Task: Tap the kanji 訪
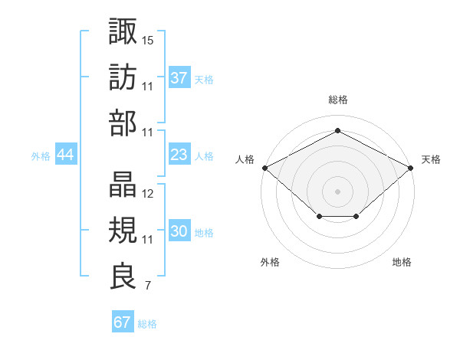pyautogui.click(x=123, y=77)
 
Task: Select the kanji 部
pyautogui.click(x=123, y=123)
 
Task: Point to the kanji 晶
pyautogui.click(x=123, y=185)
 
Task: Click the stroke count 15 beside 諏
pyautogui.click(x=148, y=39)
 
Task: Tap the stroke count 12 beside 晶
pyautogui.click(x=148, y=194)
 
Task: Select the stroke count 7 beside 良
pyautogui.click(x=148, y=286)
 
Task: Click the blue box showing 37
pyautogui.click(x=179, y=77)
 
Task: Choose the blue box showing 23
pyautogui.click(x=179, y=155)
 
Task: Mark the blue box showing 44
pyautogui.click(x=66, y=155)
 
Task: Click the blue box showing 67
pyautogui.click(x=123, y=322)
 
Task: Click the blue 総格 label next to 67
pyautogui.click(x=147, y=324)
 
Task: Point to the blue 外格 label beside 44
pyautogui.click(x=41, y=156)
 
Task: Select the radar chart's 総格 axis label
pyautogui.click(x=338, y=100)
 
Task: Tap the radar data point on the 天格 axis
pyautogui.click(x=412, y=167)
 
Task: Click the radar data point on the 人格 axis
pyautogui.click(x=264, y=167)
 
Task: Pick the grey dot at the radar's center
pyautogui.click(x=338, y=191)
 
